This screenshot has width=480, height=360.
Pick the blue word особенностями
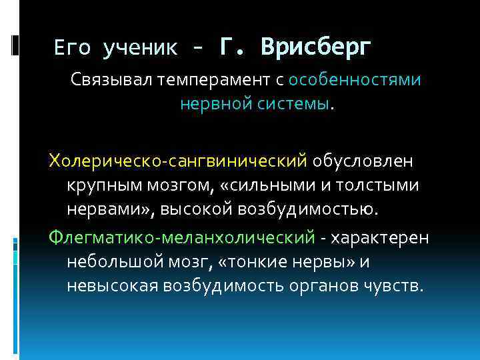355,80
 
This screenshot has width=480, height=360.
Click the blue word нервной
212,104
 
